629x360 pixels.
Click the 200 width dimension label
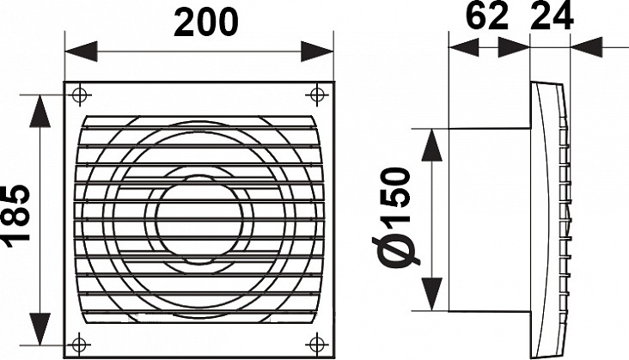coord(205,23)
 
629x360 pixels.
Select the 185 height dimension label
coord(15,216)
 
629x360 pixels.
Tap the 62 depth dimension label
coord(487,16)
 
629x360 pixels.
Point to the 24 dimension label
coord(552,16)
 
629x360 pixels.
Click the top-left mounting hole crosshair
coord(79,95)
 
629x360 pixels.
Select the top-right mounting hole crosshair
coord(317,95)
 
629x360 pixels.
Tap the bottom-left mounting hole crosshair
coord(79,344)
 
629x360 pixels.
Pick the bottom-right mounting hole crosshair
coord(317,344)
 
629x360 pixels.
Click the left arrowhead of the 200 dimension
coord(81,52)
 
